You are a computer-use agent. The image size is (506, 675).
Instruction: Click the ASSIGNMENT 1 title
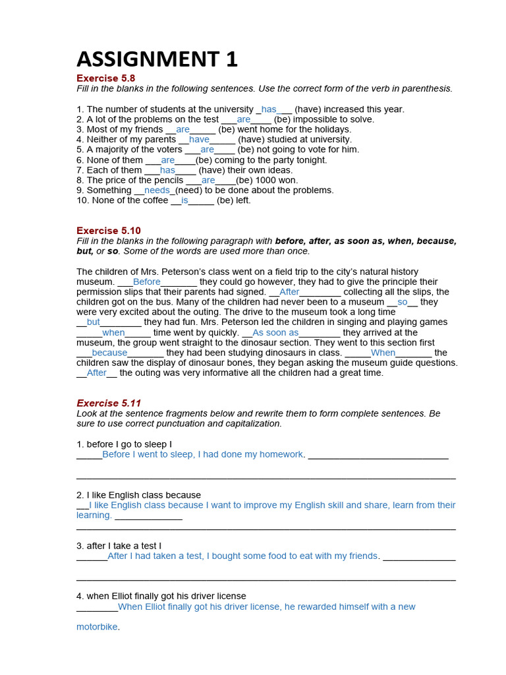click(x=157, y=59)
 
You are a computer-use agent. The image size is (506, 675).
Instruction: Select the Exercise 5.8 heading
click(x=106, y=78)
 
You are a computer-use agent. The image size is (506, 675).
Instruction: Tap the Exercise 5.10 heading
click(x=109, y=231)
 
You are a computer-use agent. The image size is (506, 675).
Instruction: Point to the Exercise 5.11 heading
click(x=109, y=403)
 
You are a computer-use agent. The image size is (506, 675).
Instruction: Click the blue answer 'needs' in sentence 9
click(x=157, y=191)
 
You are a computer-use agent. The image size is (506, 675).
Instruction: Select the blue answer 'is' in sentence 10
click(x=184, y=200)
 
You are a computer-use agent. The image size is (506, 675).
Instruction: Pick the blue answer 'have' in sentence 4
click(x=199, y=140)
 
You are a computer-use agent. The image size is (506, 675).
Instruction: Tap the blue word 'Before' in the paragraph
click(x=147, y=282)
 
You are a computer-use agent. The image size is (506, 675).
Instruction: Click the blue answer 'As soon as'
click(x=275, y=333)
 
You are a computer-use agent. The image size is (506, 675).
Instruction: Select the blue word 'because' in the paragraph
click(x=109, y=353)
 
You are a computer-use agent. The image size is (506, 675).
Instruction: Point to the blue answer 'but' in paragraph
click(x=94, y=322)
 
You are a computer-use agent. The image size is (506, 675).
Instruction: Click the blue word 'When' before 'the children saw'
click(x=383, y=353)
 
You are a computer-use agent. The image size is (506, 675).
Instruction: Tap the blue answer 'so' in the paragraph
click(x=403, y=302)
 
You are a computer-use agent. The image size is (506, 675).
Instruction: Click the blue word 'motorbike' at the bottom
click(x=97, y=628)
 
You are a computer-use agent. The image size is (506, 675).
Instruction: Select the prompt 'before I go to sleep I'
click(x=124, y=444)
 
